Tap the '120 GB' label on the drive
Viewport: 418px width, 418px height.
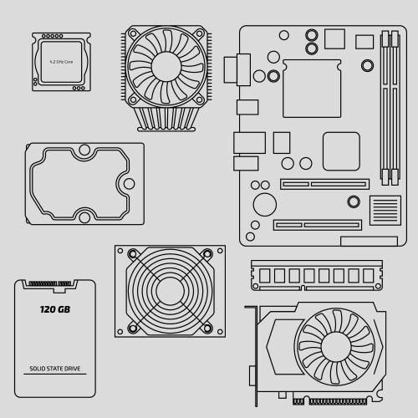(x=56, y=310)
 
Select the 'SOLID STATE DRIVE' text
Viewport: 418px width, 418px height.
(x=56, y=369)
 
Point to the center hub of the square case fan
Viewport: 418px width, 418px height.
(x=170, y=290)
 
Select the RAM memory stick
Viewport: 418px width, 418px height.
(x=316, y=275)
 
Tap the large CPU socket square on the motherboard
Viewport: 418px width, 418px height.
(x=312, y=87)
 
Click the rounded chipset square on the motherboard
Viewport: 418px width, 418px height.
(x=341, y=151)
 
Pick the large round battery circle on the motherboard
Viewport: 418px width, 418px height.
(x=265, y=204)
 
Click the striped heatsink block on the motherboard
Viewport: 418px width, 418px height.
(x=385, y=210)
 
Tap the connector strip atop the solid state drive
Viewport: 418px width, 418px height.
(x=54, y=283)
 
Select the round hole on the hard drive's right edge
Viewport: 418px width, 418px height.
(x=128, y=181)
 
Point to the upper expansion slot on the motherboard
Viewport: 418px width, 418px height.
(x=324, y=184)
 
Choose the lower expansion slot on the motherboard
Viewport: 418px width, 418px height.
(x=317, y=224)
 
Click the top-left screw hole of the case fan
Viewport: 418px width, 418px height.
(x=130, y=252)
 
